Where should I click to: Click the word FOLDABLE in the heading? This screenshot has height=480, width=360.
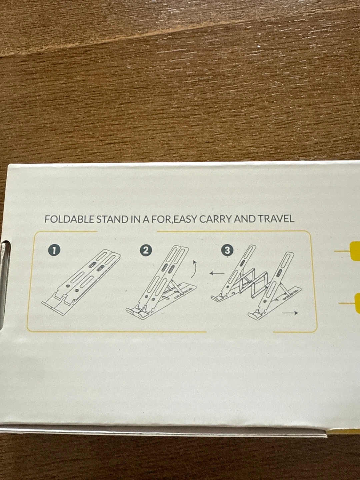[70, 219]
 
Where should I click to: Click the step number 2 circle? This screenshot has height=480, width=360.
[146, 250]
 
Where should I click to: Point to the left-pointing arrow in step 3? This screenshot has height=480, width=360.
[217, 273]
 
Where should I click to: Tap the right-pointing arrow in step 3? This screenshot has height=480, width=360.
[290, 313]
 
